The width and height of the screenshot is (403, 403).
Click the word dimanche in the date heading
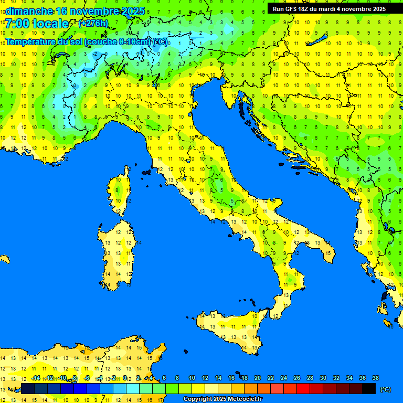(28, 11)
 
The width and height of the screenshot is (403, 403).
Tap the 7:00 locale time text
(37, 24)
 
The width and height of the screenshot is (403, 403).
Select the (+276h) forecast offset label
(93, 24)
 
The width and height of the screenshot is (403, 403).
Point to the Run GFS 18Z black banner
(329, 9)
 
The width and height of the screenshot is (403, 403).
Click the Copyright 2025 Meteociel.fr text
(222, 399)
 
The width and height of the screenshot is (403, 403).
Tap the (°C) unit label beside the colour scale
(385, 389)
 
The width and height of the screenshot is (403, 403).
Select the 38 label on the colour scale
(375, 378)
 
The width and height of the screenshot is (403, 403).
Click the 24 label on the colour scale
(283, 378)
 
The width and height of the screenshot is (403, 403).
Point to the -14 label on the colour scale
(36, 378)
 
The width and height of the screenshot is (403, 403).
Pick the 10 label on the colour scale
(192, 378)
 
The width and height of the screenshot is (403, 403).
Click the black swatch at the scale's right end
(369, 388)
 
